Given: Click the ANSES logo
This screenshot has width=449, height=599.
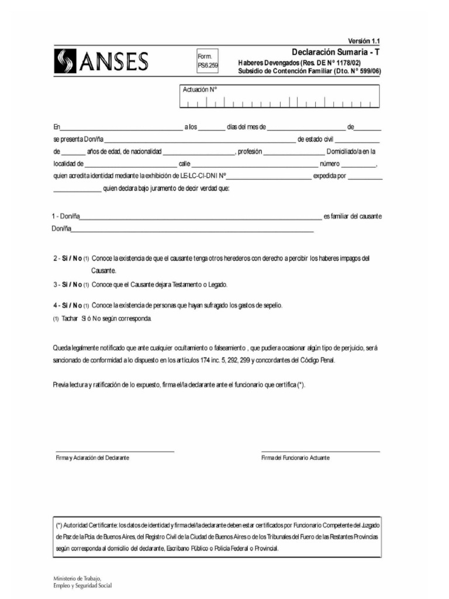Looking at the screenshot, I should tap(101, 61).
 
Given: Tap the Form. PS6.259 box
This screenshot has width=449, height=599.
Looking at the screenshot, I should tap(208, 61).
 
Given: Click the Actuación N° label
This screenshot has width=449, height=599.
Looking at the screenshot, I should tap(199, 90).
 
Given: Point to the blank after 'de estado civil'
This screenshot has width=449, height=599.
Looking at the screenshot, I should tap(358, 140).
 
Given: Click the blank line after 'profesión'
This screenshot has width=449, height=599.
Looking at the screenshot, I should tap(290, 152).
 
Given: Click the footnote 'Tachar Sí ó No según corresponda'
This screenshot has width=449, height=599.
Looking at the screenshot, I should tap(106, 319).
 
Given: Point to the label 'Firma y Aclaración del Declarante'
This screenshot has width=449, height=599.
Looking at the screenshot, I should tap(92, 457).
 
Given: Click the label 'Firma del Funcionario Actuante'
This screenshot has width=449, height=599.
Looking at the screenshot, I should tap(295, 457).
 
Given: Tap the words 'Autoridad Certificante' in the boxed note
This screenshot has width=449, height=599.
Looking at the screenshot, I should tap(92, 525).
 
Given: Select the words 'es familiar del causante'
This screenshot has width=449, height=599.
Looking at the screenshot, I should tap(353, 216).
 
